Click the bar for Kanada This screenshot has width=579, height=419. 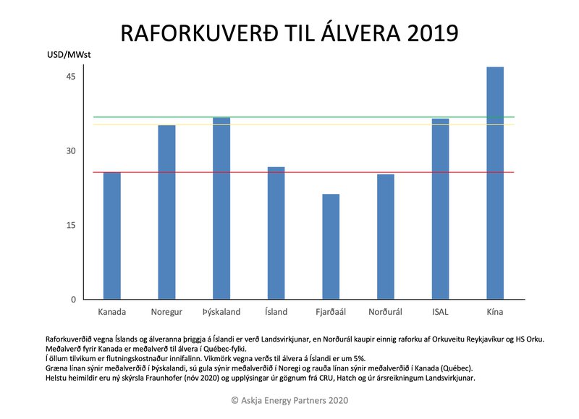point(112,236)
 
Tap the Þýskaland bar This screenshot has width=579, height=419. point(221,208)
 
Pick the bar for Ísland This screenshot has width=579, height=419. point(276,233)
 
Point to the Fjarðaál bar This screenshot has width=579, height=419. point(331,247)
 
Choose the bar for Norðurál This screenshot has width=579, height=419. point(386,237)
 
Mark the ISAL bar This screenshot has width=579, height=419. point(440,209)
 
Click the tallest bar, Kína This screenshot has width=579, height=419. point(495,183)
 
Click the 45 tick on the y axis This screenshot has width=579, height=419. point(70,77)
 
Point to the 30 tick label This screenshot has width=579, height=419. point(70,151)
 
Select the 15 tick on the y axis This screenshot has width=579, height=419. point(70,225)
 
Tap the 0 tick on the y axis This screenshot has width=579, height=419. point(73,300)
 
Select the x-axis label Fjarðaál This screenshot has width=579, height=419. point(331,313)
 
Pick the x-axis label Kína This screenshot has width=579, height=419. point(495,313)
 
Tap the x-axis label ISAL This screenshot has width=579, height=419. point(440,313)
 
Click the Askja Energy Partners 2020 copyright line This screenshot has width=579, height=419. point(289,399)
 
